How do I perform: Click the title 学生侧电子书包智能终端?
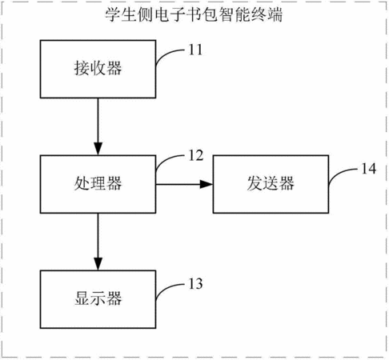pos(194,14)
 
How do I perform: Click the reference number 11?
pos(195,50)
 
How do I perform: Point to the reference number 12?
pos(196,155)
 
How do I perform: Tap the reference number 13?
pos(196,284)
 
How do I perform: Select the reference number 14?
pos(368,169)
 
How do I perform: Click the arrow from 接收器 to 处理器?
pos(98,126)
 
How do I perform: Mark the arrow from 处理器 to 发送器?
pos(184,184)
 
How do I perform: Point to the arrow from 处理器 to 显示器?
pos(98,242)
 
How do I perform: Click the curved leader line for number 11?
pos(166,53)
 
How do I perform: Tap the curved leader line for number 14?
pos(339,173)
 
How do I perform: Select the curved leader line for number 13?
pos(166,288)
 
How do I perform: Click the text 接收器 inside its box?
pos(98,68)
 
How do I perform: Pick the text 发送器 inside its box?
pos(271,183)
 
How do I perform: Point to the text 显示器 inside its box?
pos(98,298)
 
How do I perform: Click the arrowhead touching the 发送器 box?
pos(207,184)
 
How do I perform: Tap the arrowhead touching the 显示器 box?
pos(98,264)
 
